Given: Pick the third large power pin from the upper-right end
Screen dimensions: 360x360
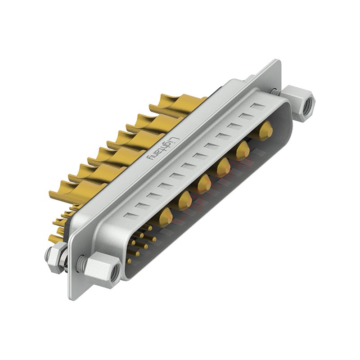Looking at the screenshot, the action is click(223, 167).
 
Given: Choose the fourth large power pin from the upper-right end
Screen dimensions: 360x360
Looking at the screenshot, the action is click(204, 184).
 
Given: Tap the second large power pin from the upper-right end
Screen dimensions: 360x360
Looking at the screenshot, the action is click(243, 150).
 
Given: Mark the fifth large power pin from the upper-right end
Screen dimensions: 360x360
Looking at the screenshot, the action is click(185, 200).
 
